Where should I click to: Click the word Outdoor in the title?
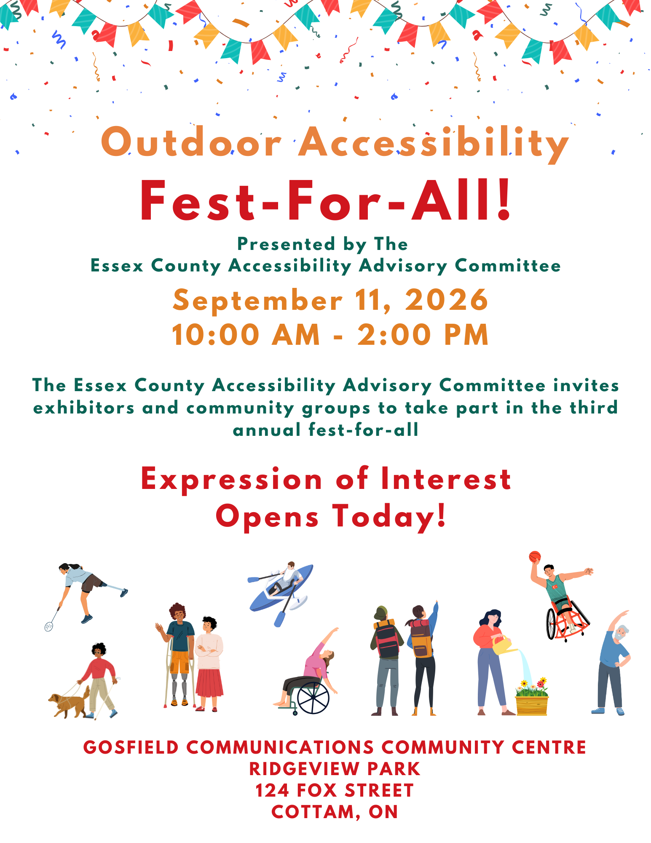191,142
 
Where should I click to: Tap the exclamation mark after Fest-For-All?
504,200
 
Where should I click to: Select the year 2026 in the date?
446,300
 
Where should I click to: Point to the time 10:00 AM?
246,335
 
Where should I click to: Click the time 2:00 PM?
423,335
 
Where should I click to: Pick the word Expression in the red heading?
232,480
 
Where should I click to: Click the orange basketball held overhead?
534,557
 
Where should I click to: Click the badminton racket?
52,620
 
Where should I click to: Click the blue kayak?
281,588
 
